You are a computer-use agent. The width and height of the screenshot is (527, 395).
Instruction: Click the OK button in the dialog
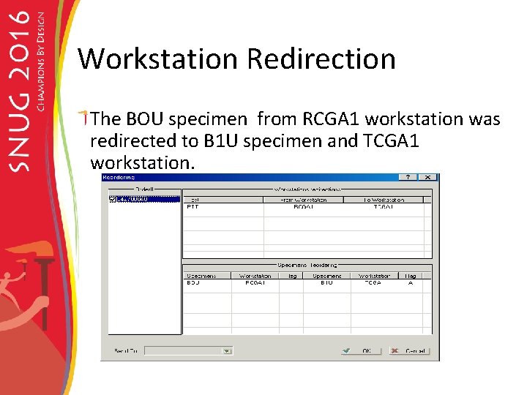point(359,351)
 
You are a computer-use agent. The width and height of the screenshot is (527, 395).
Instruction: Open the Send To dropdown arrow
point(227,351)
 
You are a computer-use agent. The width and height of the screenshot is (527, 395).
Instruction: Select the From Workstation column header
point(303,199)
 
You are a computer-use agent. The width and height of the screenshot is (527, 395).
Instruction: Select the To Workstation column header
point(384,199)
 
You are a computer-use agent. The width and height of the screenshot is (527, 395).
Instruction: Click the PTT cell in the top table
point(193,208)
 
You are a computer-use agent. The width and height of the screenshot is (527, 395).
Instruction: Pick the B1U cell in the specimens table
point(326,283)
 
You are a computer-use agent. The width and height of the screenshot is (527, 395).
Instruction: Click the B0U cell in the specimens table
point(193,283)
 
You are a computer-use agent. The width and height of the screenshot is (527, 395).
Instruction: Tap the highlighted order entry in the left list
point(132,199)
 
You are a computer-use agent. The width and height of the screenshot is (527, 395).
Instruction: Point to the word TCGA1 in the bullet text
point(390,140)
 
